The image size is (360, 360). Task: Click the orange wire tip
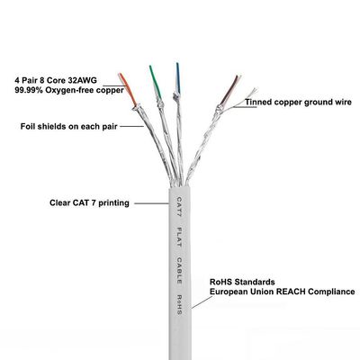pyautogui.click(x=120, y=74)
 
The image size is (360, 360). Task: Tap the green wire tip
pyautogui.click(x=150, y=67)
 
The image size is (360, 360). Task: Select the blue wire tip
pyautogui.click(x=177, y=64)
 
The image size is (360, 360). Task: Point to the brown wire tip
pyautogui.click(x=237, y=76)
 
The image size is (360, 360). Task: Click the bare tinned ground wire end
pyautogui.click(x=255, y=89)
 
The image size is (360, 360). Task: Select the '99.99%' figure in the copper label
pyautogui.click(x=29, y=90)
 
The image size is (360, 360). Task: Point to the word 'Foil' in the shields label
pyautogui.click(x=27, y=126)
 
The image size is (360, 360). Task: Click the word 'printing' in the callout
pyautogui.click(x=113, y=203)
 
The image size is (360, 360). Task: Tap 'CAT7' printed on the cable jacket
pyautogui.click(x=179, y=207)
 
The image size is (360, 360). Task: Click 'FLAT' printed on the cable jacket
pyautogui.click(x=179, y=238)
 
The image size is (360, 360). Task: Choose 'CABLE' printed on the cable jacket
pyautogui.click(x=179, y=270)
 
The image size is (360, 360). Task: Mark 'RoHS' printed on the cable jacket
pyautogui.click(x=179, y=304)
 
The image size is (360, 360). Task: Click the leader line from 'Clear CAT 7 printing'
pyautogui.click(x=152, y=203)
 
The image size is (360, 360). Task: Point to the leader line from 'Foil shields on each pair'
pyautogui.click(x=132, y=126)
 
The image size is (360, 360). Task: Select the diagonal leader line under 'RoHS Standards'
pyautogui.click(x=202, y=302)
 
